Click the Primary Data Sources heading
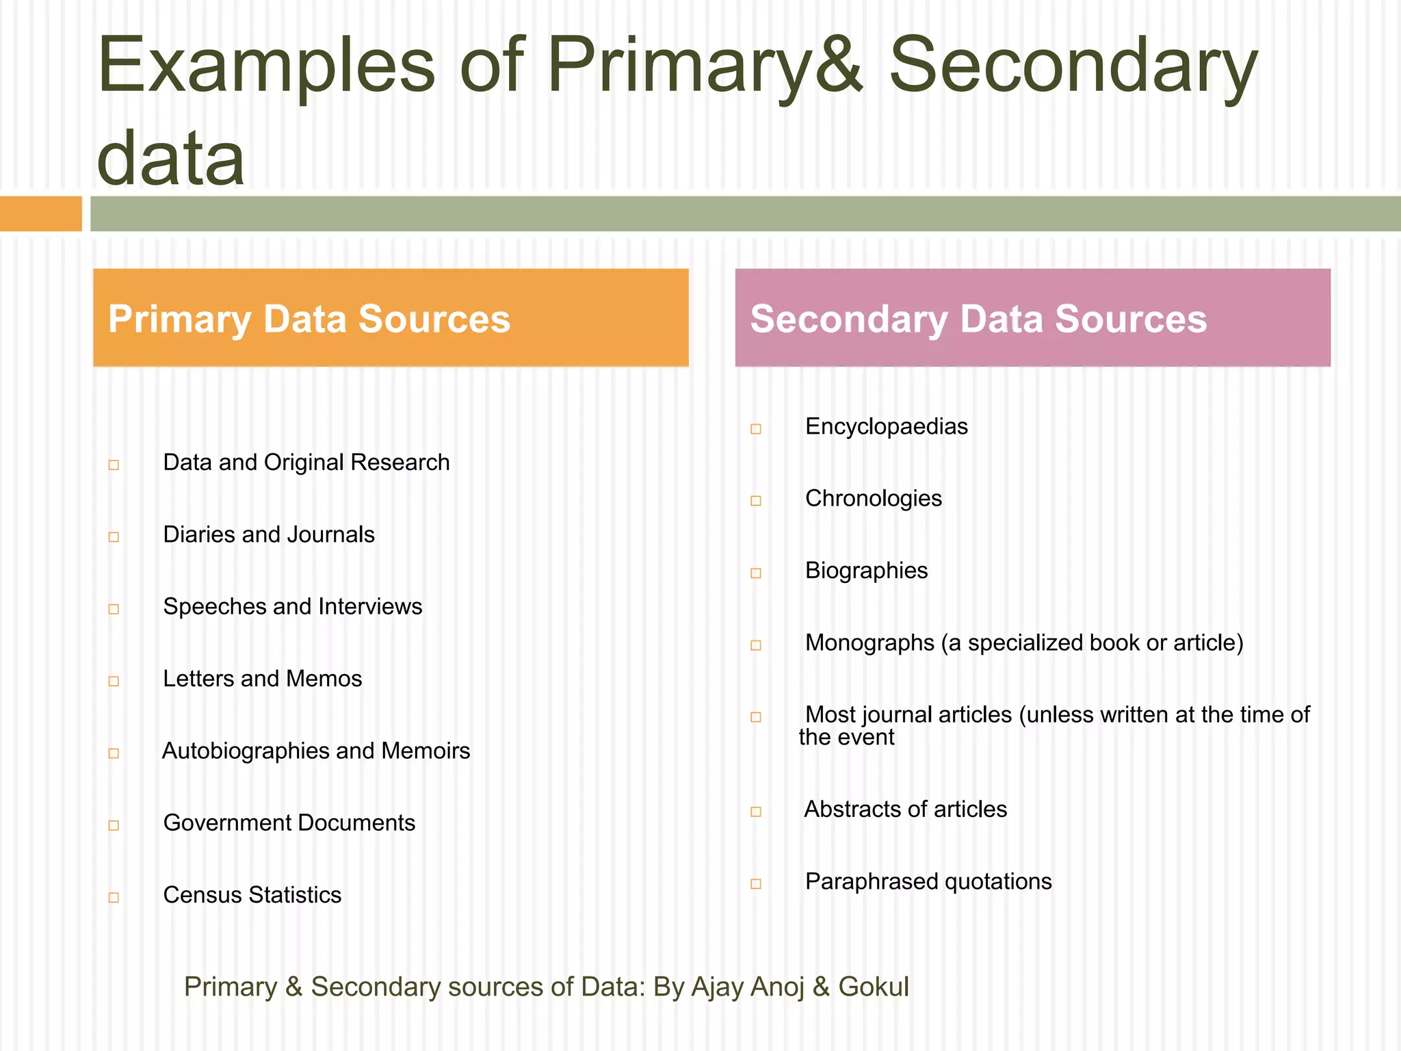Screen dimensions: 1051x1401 [x=309, y=319]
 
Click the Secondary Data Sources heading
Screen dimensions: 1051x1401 [x=978, y=319]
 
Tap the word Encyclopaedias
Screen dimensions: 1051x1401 [x=886, y=427]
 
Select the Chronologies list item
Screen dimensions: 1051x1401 [x=873, y=499]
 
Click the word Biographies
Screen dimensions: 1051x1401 [x=866, y=571]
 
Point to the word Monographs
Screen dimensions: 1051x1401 [x=869, y=643]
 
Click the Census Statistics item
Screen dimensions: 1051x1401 [x=252, y=895]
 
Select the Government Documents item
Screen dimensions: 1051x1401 [x=289, y=823]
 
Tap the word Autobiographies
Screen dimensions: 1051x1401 [x=246, y=751]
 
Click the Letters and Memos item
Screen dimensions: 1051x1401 [x=262, y=679]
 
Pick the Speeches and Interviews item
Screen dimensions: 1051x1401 [x=292, y=607]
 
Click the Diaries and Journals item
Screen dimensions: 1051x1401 [x=268, y=535]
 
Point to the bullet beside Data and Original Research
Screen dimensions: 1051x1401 [x=114, y=465]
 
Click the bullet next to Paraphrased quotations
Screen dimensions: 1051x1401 [x=756, y=884]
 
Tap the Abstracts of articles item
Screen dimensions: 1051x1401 [x=905, y=809]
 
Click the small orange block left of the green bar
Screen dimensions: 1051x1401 [x=40, y=213]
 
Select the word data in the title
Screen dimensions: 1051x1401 [x=170, y=159]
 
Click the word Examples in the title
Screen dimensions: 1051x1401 [x=266, y=66]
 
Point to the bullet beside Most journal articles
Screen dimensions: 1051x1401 [x=756, y=717]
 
